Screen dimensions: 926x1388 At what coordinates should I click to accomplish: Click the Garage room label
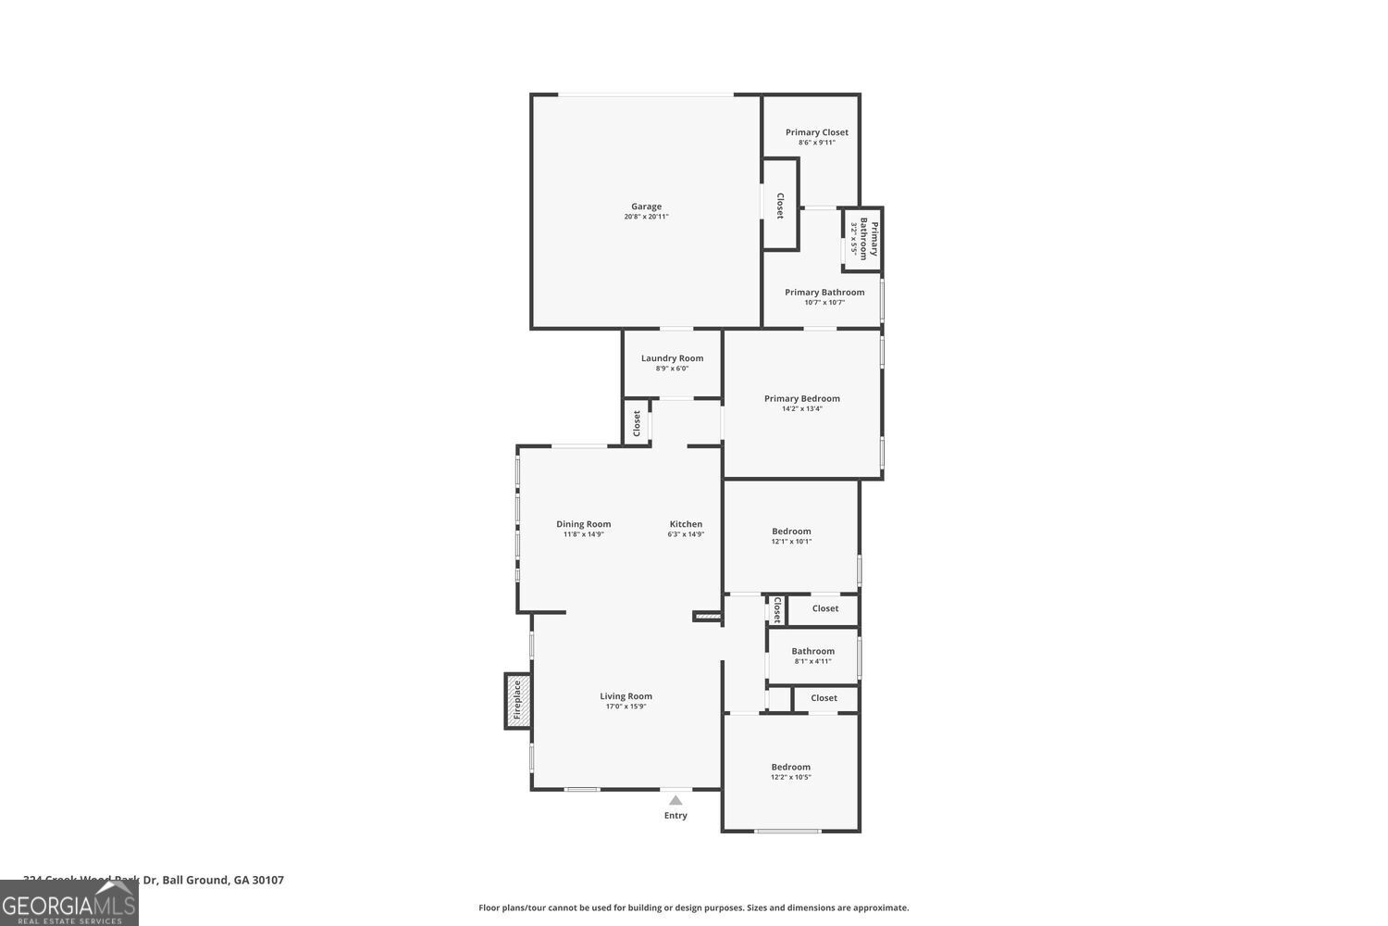(x=646, y=206)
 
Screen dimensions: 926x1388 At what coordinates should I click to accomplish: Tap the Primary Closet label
(x=816, y=132)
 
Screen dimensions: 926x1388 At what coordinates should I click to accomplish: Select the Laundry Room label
(x=672, y=358)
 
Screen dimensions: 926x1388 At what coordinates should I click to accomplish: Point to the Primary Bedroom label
(x=801, y=399)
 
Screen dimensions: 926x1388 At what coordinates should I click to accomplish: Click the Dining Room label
(x=583, y=524)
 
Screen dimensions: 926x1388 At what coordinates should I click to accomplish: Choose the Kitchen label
(x=686, y=524)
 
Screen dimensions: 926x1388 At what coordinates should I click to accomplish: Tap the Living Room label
(x=626, y=696)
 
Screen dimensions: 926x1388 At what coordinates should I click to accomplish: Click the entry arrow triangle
(x=675, y=801)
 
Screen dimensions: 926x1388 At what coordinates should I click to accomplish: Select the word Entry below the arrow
(x=675, y=816)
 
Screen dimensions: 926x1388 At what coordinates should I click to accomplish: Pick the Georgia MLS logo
(x=68, y=904)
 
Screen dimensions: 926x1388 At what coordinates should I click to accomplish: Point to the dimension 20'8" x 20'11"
(x=646, y=217)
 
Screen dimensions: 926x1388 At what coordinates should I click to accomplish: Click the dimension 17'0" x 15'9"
(x=626, y=707)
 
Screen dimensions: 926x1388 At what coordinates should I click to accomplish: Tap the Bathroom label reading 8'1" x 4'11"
(x=812, y=651)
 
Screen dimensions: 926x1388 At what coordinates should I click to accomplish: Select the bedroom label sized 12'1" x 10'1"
(x=791, y=532)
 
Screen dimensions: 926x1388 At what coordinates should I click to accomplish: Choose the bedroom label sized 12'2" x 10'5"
(x=790, y=767)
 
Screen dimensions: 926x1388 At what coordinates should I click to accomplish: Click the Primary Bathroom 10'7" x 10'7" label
(x=824, y=293)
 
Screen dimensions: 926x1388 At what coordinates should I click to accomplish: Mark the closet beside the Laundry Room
(x=637, y=423)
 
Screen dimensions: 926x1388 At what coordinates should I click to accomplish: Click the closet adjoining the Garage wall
(x=780, y=205)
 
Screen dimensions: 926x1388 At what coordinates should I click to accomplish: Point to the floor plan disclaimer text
(x=693, y=908)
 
